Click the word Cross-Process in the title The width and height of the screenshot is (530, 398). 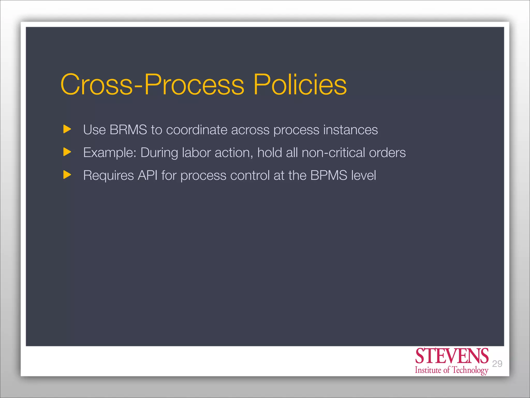[x=152, y=84]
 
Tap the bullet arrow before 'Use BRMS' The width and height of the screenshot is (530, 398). [x=67, y=129]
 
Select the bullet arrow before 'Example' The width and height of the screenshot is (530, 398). [x=67, y=152]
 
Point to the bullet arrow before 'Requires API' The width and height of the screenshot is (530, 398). [x=67, y=175]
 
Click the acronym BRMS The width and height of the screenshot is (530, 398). [x=128, y=130]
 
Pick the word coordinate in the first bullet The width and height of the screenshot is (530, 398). [x=197, y=130]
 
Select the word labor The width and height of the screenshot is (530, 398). [x=196, y=152]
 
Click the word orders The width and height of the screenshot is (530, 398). [x=387, y=153]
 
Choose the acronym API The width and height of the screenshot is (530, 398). [x=148, y=175]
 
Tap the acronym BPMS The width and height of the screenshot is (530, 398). [x=329, y=175]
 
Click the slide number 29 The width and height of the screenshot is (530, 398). [x=497, y=364]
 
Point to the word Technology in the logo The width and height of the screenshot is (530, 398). [x=470, y=370]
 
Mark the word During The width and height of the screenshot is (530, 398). [x=159, y=153]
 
